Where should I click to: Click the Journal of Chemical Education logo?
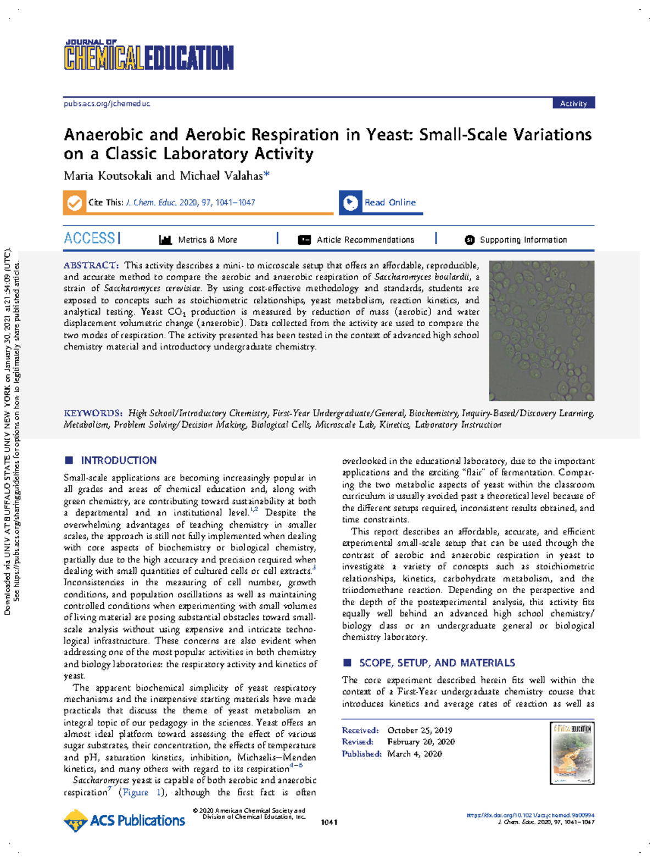click(x=148, y=55)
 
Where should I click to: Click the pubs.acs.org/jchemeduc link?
click(x=107, y=103)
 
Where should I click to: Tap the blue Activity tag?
click(x=573, y=103)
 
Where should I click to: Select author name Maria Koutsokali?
click(x=108, y=176)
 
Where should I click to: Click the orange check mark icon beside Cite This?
click(x=75, y=203)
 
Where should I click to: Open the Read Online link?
click(x=390, y=203)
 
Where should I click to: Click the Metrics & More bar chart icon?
click(x=165, y=240)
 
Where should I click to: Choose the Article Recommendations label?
click(x=365, y=240)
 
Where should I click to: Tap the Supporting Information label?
click(x=523, y=240)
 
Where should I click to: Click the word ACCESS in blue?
click(x=90, y=238)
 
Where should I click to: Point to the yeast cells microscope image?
click(x=541, y=331)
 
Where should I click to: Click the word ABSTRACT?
click(x=91, y=265)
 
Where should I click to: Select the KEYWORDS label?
click(x=92, y=413)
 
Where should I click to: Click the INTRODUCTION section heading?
click(x=119, y=460)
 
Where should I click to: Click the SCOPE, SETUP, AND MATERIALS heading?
click(x=437, y=663)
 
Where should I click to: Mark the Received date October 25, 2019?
click(x=420, y=730)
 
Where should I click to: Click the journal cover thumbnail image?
click(x=572, y=753)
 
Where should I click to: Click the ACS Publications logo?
click(x=125, y=820)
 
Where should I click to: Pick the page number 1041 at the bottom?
click(x=329, y=822)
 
